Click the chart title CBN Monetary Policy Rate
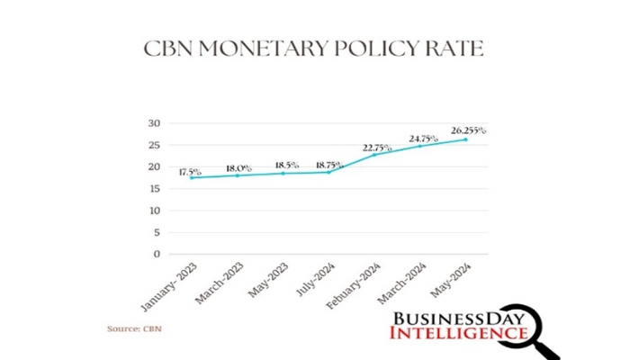pyautogui.click(x=314, y=49)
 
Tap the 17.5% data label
pyautogui.click(x=190, y=171)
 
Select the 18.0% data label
pyautogui.click(x=238, y=168)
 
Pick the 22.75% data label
pyautogui.click(x=376, y=148)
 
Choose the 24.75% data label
pyautogui.click(x=423, y=139)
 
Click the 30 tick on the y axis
pyautogui.click(x=154, y=123)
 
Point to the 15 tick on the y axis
pyautogui.click(x=154, y=189)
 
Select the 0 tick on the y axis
pyautogui.click(x=157, y=255)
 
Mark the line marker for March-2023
pyautogui.click(x=237, y=175)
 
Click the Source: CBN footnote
pyautogui.click(x=134, y=329)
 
